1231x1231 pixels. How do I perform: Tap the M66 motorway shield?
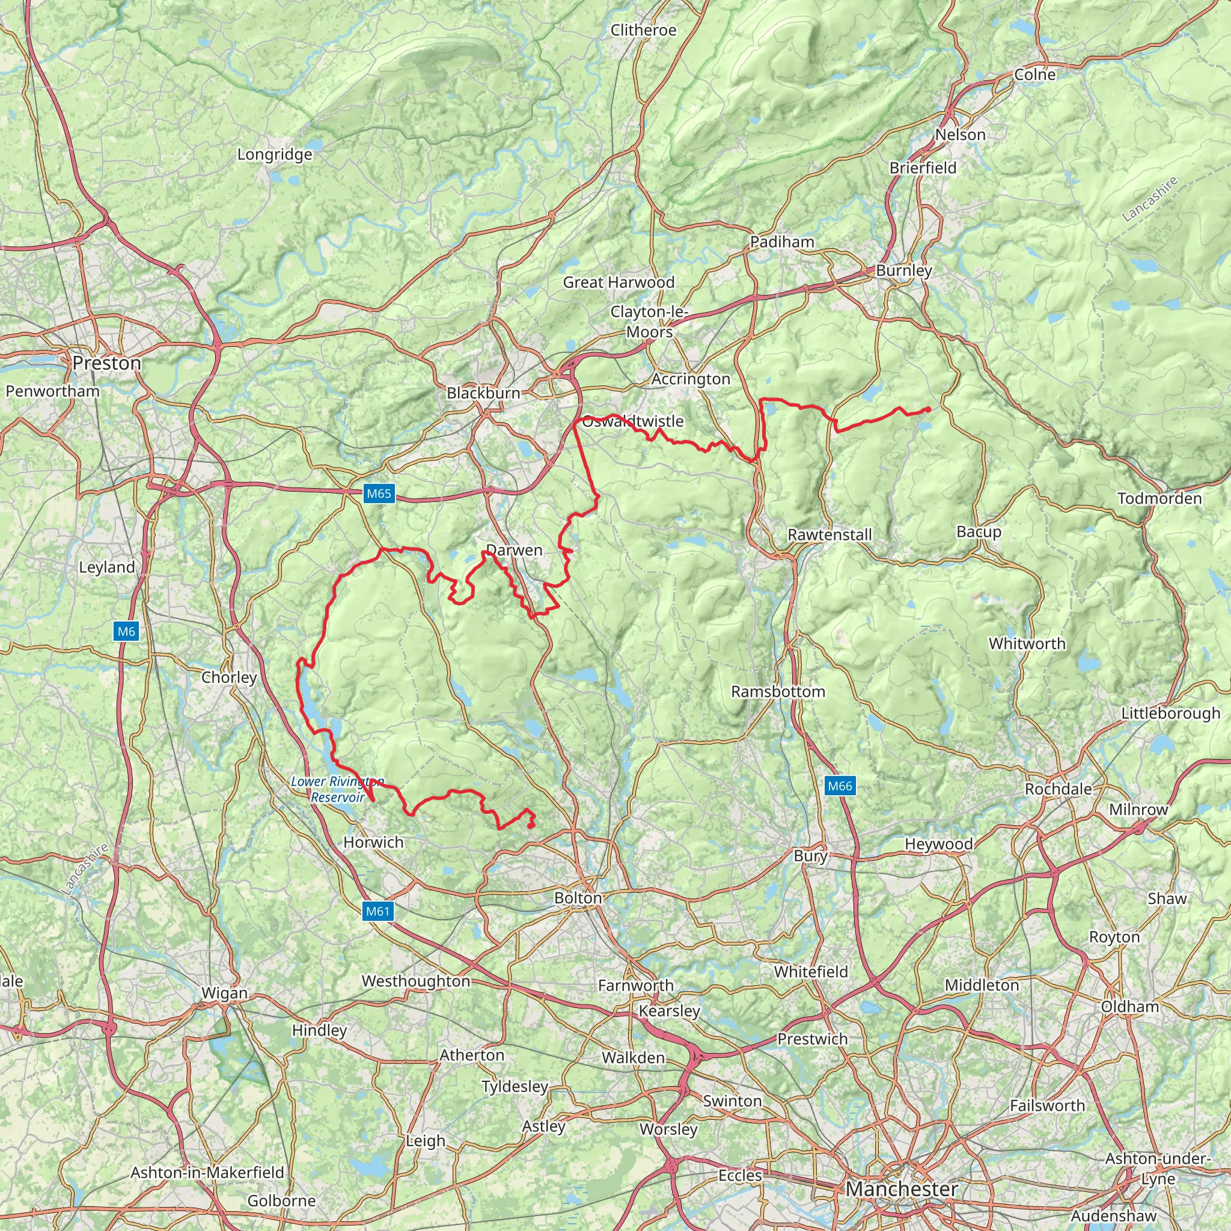pos(839,786)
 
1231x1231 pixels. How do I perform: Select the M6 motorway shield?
pos(126,632)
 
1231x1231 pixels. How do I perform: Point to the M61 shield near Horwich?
pos(377,911)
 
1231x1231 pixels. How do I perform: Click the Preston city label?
pos(106,363)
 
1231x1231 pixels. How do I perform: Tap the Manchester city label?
pos(902,1189)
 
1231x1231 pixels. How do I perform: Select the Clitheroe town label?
pos(643,30)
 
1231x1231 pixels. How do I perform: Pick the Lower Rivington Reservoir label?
pos(337,789)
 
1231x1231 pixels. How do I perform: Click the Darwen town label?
pos(514,551)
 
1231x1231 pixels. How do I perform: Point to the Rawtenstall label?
pos(829,534)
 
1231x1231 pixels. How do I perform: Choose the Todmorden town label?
pos(1159,498)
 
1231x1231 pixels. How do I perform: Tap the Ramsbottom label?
pos(778,691)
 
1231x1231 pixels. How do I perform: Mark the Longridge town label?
pos(275,154)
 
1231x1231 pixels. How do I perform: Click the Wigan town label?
pos(224,993)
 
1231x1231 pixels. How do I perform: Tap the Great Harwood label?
pos(618,283)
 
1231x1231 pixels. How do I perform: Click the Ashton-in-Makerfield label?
pos(207,1172)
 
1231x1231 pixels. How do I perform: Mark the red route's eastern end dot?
pos(927,409)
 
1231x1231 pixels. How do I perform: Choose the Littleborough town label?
pos(1170,713)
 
